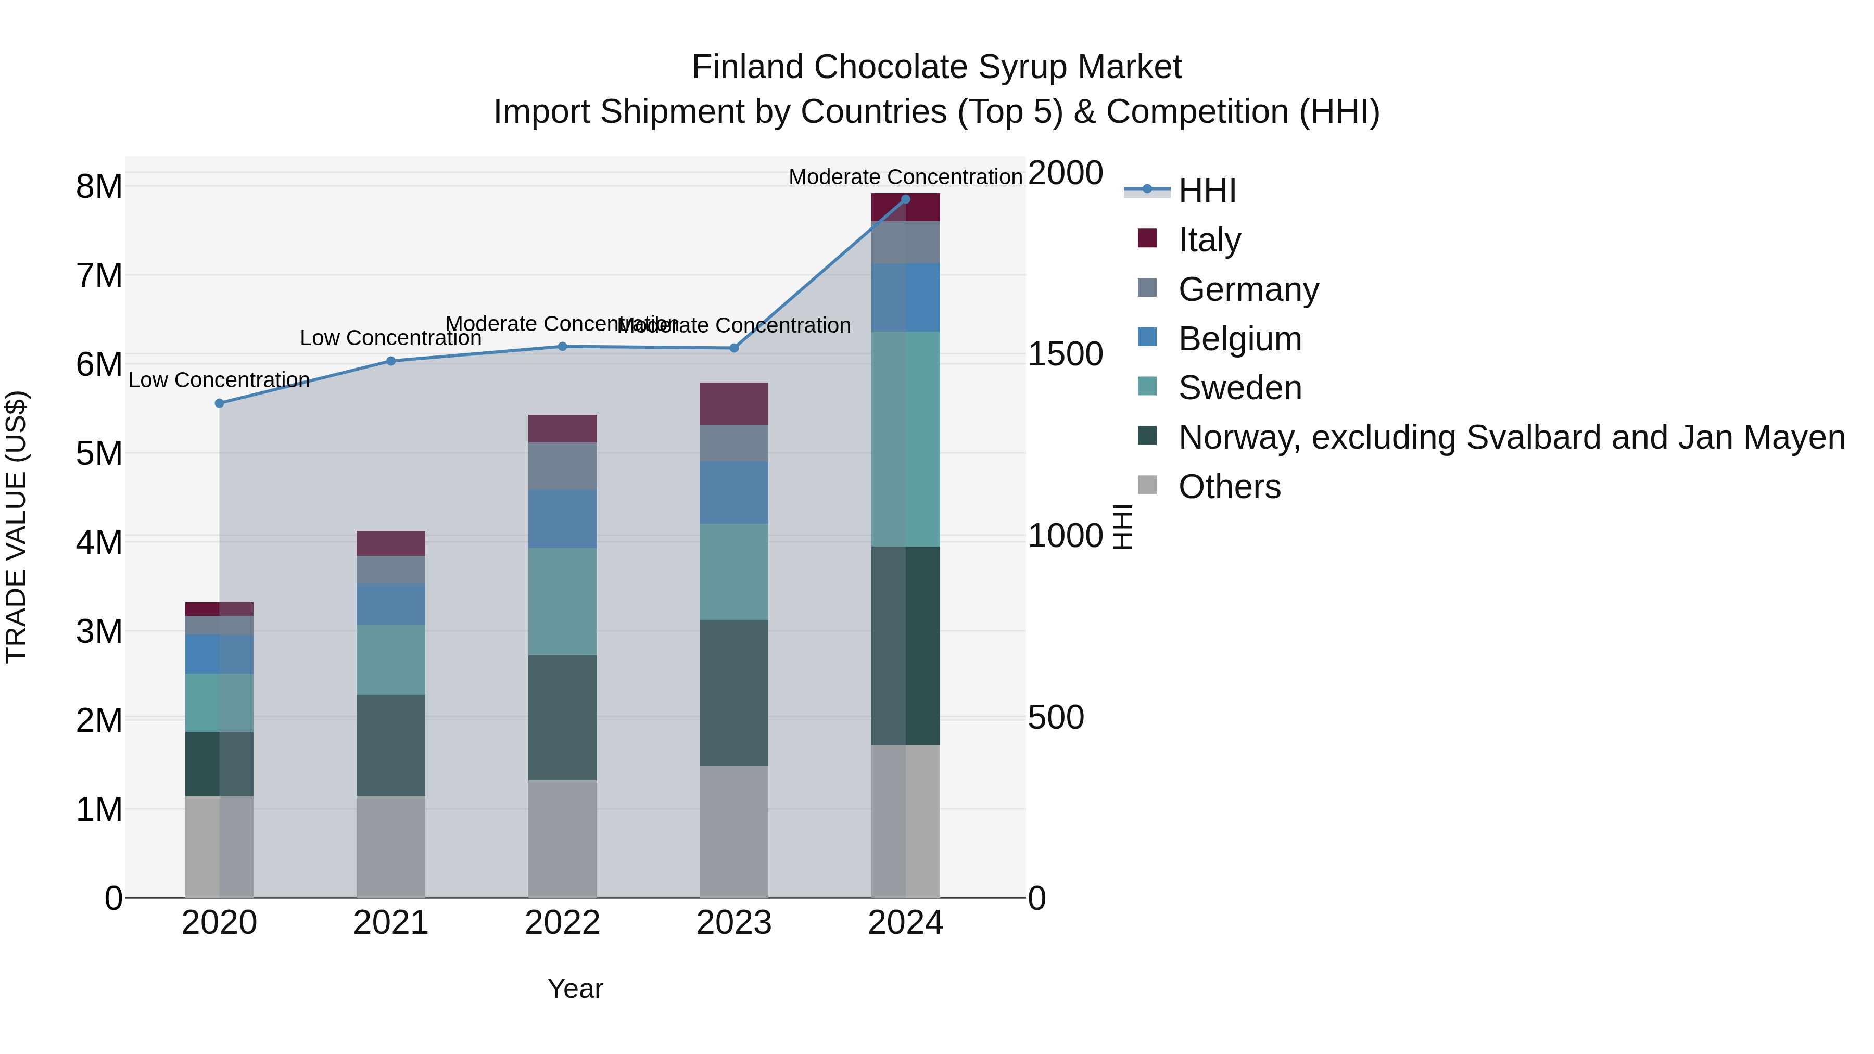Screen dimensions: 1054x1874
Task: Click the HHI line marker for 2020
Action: pos(219,403)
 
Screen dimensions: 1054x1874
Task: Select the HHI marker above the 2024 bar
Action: pos(905,199)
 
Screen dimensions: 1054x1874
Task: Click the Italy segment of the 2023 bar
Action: pos(733,404)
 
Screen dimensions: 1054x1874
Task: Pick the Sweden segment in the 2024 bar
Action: pos(905,439)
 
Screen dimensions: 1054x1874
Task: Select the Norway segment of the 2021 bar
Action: pos(390,745)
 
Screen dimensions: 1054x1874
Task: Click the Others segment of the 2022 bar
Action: pos(562,838)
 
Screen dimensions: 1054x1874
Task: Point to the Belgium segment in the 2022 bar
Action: pos(562,518)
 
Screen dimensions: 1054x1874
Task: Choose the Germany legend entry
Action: pos(1248,289)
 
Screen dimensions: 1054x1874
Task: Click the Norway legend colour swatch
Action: pos(1147,436)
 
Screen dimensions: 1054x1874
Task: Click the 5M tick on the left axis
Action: pos(99,454)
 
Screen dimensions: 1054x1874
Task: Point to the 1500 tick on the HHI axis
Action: pos(1065,355)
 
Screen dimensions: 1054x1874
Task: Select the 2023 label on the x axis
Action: pos(733,923)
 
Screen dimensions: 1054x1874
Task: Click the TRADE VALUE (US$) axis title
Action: pos(16,527)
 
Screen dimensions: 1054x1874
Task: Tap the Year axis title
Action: pos(575,988)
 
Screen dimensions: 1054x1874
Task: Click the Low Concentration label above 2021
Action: pos(390,338)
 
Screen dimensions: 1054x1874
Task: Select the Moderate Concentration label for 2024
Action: pos(905,177)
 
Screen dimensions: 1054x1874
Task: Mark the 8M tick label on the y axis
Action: pos(99,187)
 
